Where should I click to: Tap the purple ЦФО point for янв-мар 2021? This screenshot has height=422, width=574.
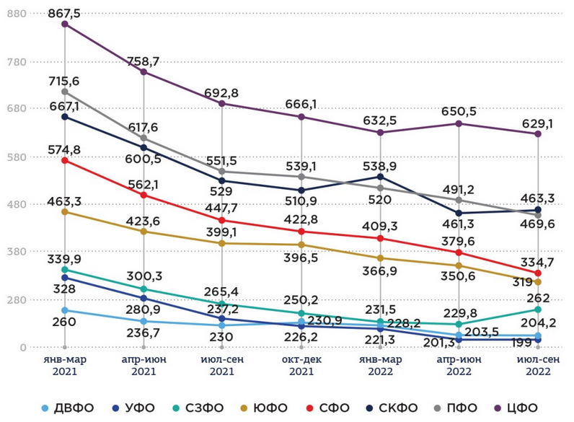65,24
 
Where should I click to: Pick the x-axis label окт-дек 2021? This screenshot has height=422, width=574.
301,366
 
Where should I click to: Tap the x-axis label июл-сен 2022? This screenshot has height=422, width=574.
537,366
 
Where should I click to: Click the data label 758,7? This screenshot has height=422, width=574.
143,61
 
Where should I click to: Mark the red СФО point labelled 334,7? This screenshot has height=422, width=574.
538,273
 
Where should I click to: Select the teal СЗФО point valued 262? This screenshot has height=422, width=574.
538,309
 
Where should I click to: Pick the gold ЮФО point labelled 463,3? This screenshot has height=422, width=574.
65,212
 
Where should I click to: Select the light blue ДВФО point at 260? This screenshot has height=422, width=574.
65,310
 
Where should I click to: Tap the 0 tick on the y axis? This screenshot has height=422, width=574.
22,348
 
